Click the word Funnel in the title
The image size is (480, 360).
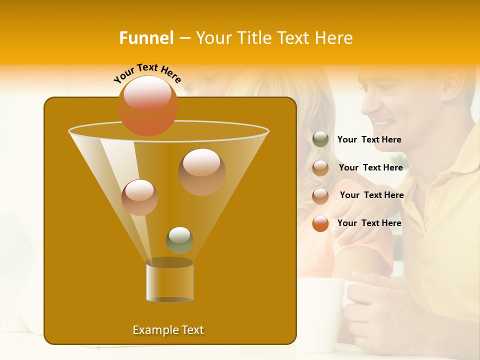click(x=146, y=38)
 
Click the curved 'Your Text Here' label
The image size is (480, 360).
click(x=147, y=73)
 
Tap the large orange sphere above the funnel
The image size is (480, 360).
click(x=147, y=105)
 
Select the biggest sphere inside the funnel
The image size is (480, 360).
click(x=201, y=171)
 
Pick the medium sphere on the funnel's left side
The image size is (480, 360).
click(x=139, y=197)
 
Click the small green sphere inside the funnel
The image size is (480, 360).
click(x=179, y=240)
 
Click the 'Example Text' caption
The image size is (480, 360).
click(x=168, y=330)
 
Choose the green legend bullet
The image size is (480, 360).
click(x=320, y=139)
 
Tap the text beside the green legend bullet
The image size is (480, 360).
click(x=369, y=140)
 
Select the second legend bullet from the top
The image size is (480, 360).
click(x=320, y=168)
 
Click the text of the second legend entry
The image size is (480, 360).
click(x=370, y=168)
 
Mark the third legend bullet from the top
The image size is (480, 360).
click(x=320, y=195)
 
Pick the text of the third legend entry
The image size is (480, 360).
click(x=371, y=195)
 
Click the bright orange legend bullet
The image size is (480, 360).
click(x=320, y=223)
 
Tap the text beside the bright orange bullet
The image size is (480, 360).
click(x=369, y=223)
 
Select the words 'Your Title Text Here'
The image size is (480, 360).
click(x=274, y=38)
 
